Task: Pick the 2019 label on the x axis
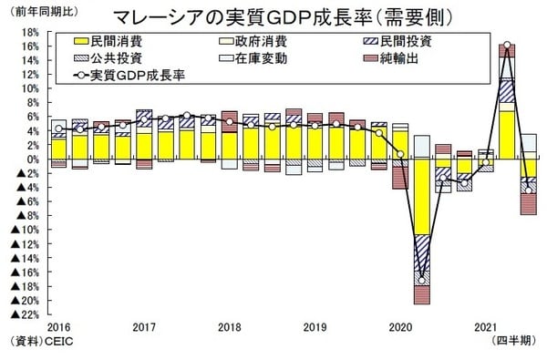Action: point(315,326)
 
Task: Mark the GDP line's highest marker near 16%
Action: point(506,45)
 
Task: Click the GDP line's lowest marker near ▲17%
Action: point(422,277)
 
